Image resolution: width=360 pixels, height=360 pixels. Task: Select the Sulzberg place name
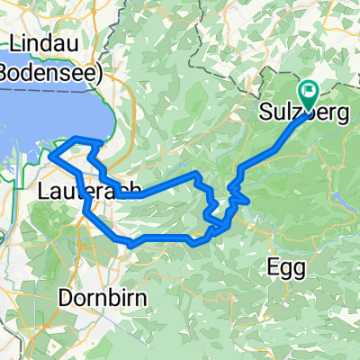coord(294,112)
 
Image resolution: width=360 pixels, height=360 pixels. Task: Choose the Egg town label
coord(288,267)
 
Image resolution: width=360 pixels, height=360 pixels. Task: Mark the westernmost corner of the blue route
coord(50,155)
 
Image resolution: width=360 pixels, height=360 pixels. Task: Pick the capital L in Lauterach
coord(46,191)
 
